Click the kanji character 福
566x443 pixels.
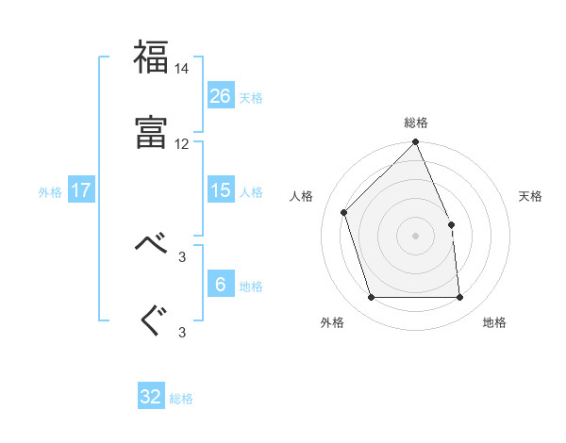point(152,58)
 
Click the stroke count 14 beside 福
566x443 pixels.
point(182,70)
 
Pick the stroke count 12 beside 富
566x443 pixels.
point(182,144)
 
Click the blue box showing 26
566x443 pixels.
point(220,95)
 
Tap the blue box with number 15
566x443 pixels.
point(220,190)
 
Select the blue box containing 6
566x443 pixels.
point(220,285)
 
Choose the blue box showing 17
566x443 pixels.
point(81,190)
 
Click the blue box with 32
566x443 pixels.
point(151,397)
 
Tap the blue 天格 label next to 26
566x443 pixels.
point(251,97)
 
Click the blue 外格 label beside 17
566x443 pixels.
point(50,192)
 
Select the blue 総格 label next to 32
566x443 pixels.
point(181,399)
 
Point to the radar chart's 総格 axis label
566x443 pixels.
point(416,123)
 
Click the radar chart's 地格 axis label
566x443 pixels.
point(494,323)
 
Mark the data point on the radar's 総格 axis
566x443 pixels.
point(416,143)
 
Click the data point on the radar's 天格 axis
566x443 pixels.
point(451,224)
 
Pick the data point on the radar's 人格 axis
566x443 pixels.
point(344,212)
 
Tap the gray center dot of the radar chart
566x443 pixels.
point(416,236)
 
